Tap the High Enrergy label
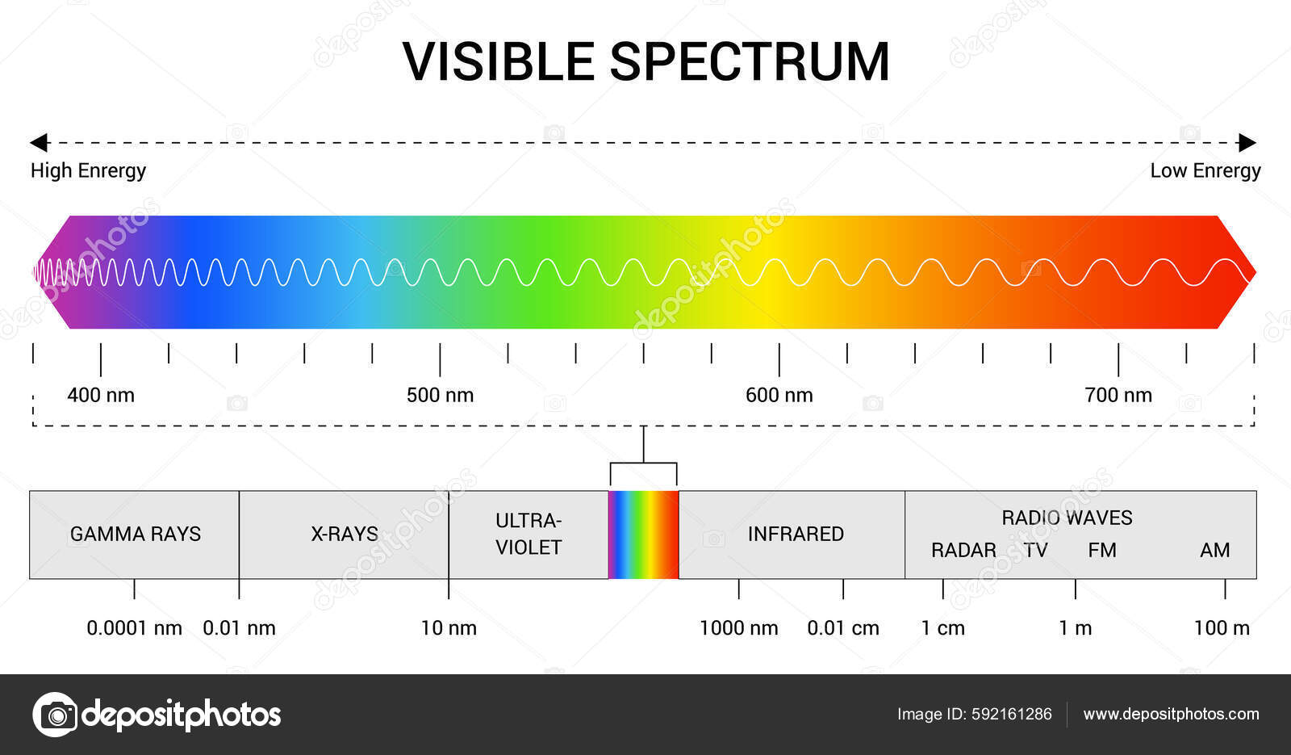tap(88, 170)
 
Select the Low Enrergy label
tap(1205, 170)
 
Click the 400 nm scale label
tap(101, 395)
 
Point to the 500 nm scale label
tap(440, 395)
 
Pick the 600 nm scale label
tap(779, 395)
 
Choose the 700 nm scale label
tap(1118, 395)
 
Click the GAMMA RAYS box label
tap(135, 534)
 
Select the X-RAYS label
tap(345, 534)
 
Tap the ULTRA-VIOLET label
tap(529, 534)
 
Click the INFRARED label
tap(796, 534)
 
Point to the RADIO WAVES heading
tap(1067, 518)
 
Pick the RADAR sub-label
tap(963, 550)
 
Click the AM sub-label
tap(1214, 550)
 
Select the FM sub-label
tap(1102, 550)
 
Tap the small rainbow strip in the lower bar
tap(643, 535)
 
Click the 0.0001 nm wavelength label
tap(134, 627)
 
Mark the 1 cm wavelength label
tap(942, 627)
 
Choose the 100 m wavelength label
tap(1222, 627)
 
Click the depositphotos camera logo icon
tap(55, 715)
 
